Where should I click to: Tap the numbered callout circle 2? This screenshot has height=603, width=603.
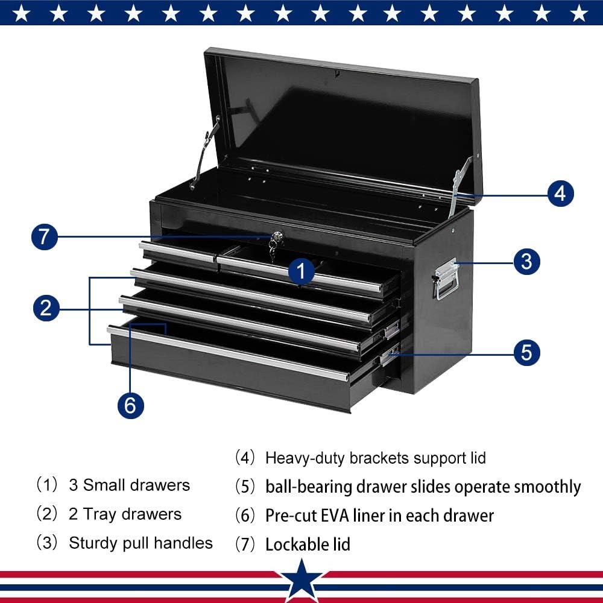(x=45, y=309)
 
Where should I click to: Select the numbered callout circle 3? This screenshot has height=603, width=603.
(x=526, y=262)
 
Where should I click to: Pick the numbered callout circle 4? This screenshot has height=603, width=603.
(x=560, y=194)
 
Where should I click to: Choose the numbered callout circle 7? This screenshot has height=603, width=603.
(x=44, y=237)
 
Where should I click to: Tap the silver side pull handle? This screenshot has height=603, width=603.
(x=445, y=279)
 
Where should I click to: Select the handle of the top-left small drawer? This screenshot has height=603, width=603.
(x=177, y=251)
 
